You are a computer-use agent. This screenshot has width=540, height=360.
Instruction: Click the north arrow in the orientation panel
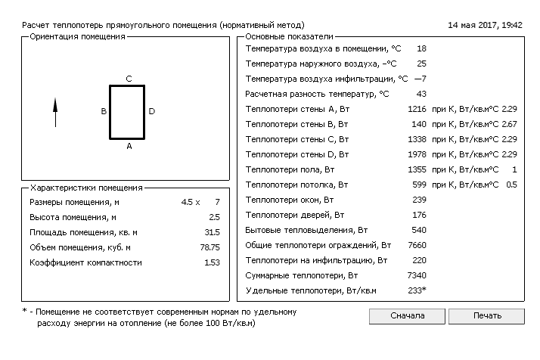(55, 113)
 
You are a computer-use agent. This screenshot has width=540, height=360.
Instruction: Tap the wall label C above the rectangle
(129, 79)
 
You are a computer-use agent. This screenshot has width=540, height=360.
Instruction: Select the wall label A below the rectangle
(129, 147)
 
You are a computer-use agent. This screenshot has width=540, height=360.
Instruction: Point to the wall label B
(104, 112)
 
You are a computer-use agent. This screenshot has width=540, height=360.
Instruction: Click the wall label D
(151, 112)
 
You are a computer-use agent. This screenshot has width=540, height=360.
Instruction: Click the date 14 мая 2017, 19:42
(485, 25)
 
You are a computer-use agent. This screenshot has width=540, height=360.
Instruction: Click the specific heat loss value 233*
(417, 290)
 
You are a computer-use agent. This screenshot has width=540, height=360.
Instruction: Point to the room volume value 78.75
(209, 247)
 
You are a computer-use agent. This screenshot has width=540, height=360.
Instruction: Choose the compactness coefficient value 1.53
(212, 262)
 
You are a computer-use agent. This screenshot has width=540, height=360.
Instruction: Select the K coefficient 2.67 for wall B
(509, 124)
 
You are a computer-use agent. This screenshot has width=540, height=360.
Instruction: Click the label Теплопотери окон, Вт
(290, 200)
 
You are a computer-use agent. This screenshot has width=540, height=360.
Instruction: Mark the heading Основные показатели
(289, 37)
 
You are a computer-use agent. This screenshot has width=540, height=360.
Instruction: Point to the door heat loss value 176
(420, 215)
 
